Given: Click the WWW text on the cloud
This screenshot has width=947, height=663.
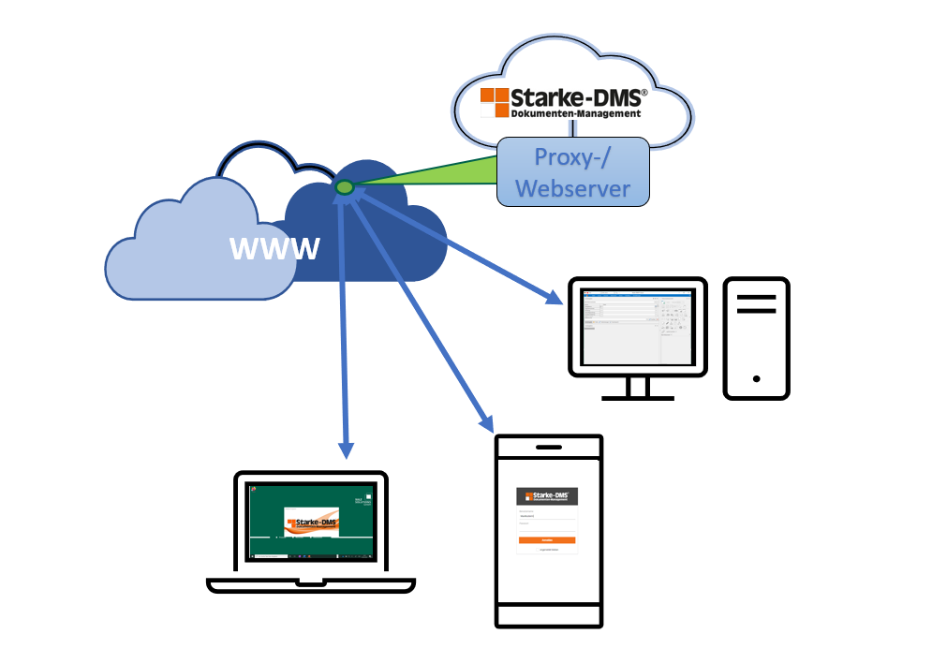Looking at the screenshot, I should [274, 249].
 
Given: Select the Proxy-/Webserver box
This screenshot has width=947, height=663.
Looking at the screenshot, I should [572, 171].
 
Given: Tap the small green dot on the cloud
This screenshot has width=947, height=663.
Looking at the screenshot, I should [345, 187].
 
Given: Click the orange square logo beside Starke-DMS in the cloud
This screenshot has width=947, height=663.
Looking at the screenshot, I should [495, 102].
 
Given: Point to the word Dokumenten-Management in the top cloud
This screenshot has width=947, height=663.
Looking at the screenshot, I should [576, 113].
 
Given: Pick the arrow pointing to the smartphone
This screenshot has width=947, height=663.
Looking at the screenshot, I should [422, 309].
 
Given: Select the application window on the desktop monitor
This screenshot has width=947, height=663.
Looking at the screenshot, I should [637, 327].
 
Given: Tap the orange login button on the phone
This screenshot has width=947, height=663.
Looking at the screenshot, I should [547, 540].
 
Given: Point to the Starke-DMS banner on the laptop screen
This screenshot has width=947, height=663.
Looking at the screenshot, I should [313, 526].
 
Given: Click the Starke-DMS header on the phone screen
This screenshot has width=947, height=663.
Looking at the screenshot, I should [547, 496].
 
